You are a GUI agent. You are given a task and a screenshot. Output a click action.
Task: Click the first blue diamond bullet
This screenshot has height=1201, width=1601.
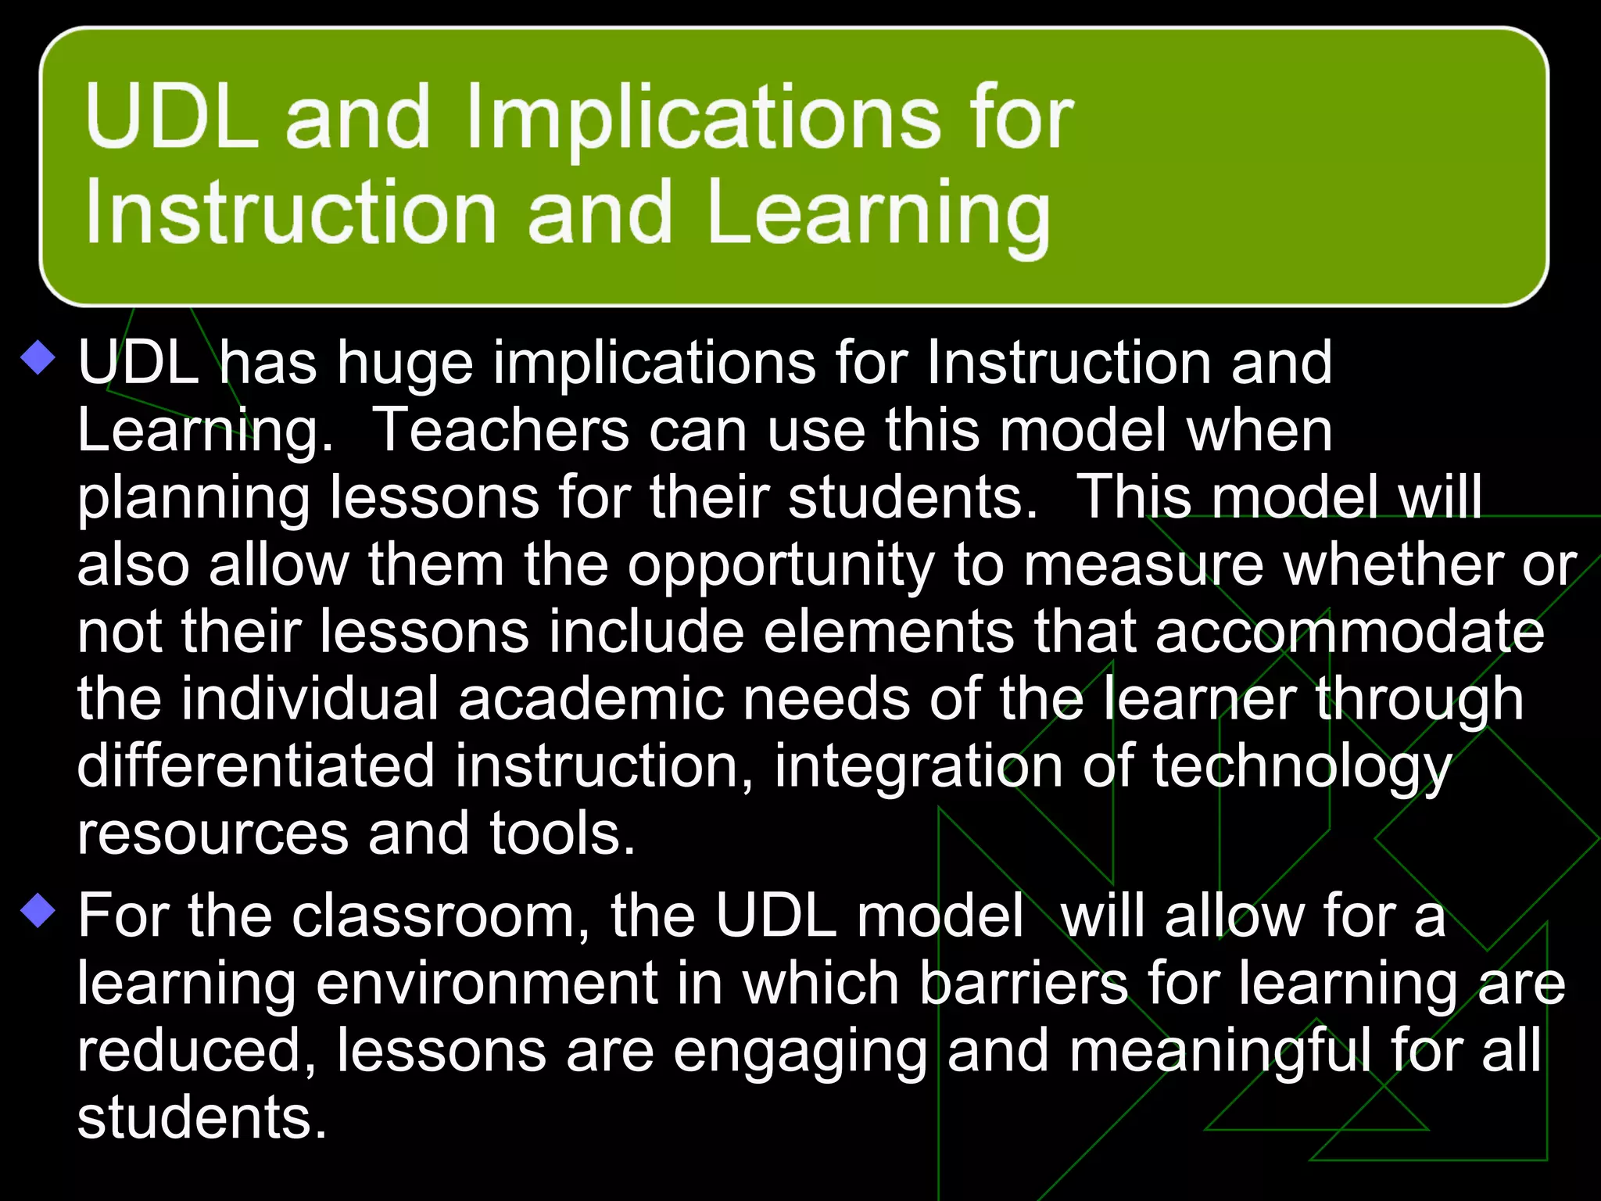[x=38, y=360]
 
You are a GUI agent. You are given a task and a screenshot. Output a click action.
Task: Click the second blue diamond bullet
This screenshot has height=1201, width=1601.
[x=38, y=912]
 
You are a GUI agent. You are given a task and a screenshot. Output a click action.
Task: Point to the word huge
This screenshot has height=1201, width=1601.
[x=405, y=364]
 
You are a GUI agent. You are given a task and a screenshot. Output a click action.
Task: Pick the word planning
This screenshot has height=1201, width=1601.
[x=194, y=499]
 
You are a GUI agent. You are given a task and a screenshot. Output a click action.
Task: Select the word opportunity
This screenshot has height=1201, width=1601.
[x=780, y=566]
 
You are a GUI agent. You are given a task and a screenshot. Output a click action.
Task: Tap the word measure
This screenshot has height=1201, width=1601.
[x=1143, y=565]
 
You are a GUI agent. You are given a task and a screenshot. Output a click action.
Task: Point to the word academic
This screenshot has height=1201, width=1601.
[x=591, y=699]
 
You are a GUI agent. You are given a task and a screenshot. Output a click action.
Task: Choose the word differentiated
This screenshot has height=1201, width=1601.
[x=256, y=766]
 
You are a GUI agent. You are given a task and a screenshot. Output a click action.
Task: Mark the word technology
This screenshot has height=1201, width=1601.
[x=1301, y=768]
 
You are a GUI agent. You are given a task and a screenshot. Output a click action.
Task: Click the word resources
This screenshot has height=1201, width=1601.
[x=213, y=834]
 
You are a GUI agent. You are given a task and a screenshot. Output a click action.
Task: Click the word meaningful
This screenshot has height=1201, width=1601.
[x=1220, y=1051]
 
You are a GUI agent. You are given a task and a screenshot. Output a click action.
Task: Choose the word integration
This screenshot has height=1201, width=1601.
[x=918, y=768]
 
